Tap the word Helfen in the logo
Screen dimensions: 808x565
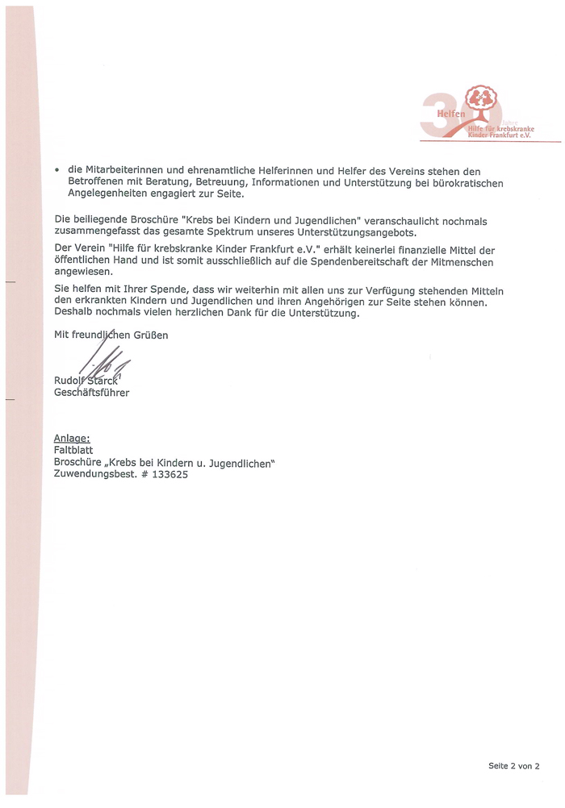click(x=452, y=115)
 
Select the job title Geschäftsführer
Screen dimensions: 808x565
click(x=91, y=393)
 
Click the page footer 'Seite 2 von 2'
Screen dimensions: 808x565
click(x=513, y=766)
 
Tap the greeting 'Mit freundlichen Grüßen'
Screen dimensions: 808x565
click(x=111, y=334)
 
